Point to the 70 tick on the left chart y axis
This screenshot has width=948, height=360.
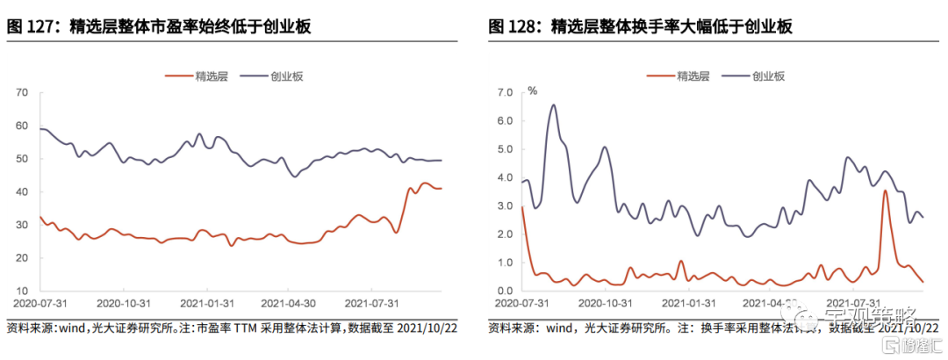pos(23,92)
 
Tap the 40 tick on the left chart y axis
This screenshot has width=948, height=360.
pos(23,191)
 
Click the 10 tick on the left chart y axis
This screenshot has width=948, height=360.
pos(23,291)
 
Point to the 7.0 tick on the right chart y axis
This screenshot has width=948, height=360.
pos(505,92)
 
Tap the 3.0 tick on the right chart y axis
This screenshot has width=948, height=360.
pos(505,205)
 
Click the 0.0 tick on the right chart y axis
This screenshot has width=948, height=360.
pos(505,291)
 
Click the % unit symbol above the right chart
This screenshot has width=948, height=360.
pos(532,90)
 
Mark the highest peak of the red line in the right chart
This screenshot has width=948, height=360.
pos(886,191)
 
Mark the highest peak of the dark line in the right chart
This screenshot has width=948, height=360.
pos(553,105)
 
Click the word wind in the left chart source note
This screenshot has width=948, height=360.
pos(68,328)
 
